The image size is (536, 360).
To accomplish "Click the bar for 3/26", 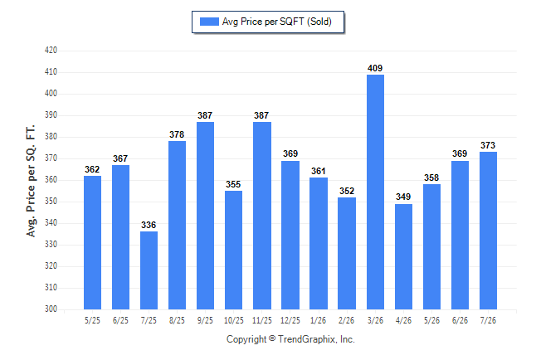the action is tap(375, 192).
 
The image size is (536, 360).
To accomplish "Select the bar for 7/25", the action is tap(149, 270).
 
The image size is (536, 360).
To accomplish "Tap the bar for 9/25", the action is tap(205, 216).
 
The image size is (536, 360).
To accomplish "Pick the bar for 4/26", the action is tap(403, 257).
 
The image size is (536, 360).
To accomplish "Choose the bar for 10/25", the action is tap(233, 251).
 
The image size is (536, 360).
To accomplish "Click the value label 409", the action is tap(375, 68).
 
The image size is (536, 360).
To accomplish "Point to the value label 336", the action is tap(149, 225).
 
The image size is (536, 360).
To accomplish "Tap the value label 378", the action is tap(177, 134).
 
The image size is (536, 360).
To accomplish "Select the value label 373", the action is tap(488, 145).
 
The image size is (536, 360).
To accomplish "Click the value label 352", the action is tap(347, 191).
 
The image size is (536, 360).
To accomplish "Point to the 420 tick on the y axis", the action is tap(51, 51).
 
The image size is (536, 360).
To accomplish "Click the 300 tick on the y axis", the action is tap(51, 309).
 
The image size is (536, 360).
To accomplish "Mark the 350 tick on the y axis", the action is tap(51, 202).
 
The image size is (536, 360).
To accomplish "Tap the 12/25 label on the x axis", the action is tap(290, 321).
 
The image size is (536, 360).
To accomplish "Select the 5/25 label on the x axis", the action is tap(92, 321).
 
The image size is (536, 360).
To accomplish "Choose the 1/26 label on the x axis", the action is tap(319, 321).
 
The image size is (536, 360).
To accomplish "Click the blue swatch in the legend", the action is tap(209, 22).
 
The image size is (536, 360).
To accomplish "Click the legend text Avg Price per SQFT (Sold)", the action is tap(277, 22).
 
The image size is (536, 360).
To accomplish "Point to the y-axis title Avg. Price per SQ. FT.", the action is tap(31, 181).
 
